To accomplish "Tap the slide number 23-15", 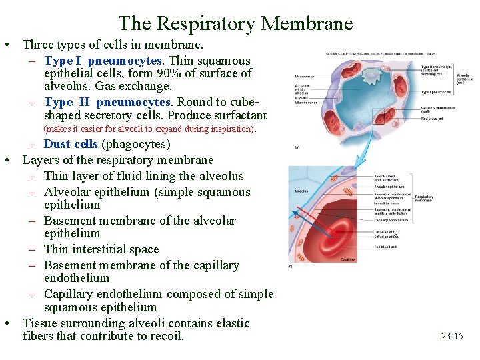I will (452, 336).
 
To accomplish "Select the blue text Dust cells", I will (70, 144).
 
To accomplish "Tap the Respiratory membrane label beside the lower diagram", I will (424, 197).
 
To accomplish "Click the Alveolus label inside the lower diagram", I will (301, 191).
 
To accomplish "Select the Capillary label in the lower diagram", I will (347, 259).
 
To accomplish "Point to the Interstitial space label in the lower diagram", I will (387, 203).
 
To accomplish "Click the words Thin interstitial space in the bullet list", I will (101, 249).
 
